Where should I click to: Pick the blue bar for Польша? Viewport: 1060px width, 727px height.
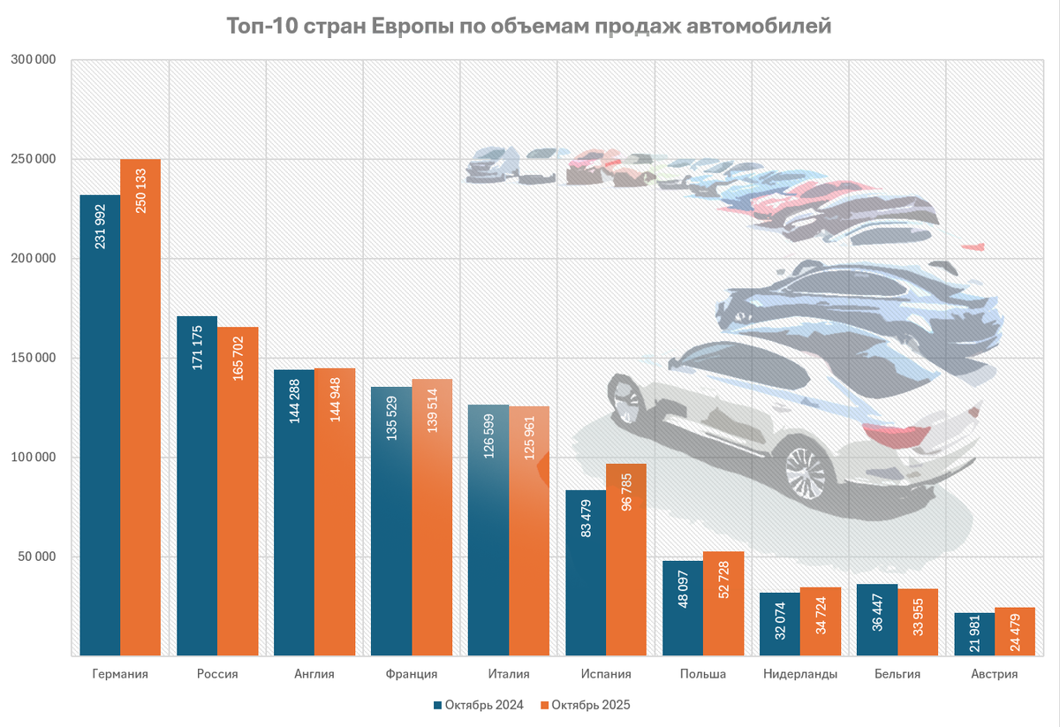coord(683,610)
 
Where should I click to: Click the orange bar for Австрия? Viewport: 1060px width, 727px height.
coord(1015,632)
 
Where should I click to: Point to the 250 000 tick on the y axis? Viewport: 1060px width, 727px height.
coord(34,159)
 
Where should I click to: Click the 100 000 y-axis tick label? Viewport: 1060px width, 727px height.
coord(34,458)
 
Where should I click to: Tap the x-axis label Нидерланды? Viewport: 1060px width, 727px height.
coord(800,674)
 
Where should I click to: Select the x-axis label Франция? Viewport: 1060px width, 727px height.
coord(412,674)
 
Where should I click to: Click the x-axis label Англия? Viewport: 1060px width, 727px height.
coord(314,674)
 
